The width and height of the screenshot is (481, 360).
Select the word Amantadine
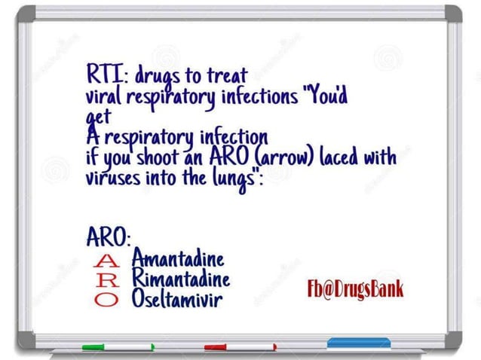pyautogui.click(x=178, y=261)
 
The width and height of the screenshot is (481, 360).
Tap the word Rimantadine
pyautogui.click(x=180, y=279)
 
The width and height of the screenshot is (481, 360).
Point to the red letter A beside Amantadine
pyautogui.click(x=108, y=262)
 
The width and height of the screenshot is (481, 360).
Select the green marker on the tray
pyautogui.click(x=117, y=348)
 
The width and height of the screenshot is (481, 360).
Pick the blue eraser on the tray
pyautogui.click(x=358, y=343)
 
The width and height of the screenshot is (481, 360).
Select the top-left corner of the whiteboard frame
pyautogui.click(x=26, y=14)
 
